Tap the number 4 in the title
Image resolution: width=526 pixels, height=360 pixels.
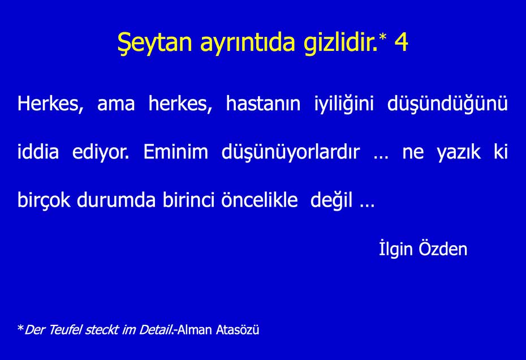coord(401,42)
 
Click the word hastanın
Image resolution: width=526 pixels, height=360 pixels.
coord(263,103)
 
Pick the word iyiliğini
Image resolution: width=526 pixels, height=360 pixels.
coord(344,104)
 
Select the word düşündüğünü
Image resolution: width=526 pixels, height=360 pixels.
coord(447,104)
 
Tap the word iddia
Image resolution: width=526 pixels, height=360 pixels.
coord(38,151)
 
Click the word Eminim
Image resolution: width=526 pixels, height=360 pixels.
coord(175,151)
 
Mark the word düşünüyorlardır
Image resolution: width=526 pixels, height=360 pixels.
coord(291,152)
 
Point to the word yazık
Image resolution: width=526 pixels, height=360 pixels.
coord(458,152)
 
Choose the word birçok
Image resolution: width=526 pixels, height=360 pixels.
coord(44,200)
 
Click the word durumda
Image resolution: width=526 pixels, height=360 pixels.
coord(116,199)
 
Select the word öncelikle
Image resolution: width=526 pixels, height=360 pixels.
coord(259,199)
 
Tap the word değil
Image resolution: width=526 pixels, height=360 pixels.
coord(331,200)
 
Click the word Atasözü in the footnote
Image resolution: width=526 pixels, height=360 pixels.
coord(238,330)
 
